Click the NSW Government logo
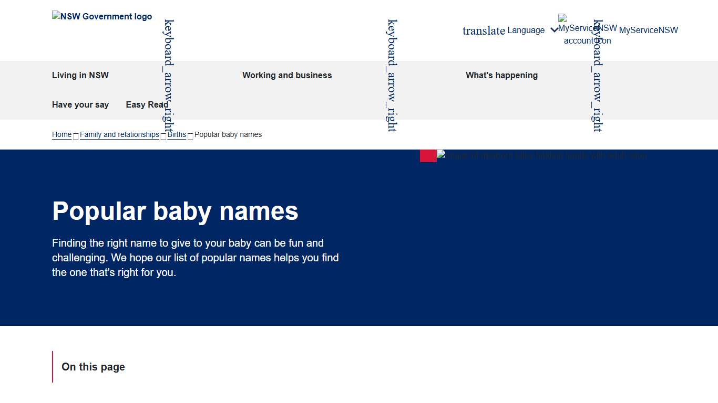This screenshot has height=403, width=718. click(x=102, y=17)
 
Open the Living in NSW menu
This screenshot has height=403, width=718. click(x=80, y=76)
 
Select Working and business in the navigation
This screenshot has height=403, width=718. click(x=287, y=76)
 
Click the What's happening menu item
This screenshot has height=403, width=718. click(x=501, y=76)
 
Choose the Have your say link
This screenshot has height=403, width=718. click(x=80, y=105)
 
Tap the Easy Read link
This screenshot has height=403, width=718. click(x=147, y=105)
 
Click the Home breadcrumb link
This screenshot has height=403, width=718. click(x=61, y=135)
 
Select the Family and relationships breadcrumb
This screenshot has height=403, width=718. click(x=119, y=135)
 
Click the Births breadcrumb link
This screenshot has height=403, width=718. click(x=177, y=135)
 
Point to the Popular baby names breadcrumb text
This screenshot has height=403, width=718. click(x=228, y=135)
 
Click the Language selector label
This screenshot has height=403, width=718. click(x=526, y=30)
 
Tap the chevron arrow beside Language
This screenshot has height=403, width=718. click(x=554, y=30)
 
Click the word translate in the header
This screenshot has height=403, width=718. click(x=484, y=30)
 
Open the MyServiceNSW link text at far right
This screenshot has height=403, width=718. click(x=649, y=30)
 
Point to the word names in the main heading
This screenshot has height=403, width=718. click(x=259, y=211)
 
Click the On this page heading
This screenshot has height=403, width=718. click(x=93, y=367)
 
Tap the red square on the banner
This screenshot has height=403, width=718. click(x=428, y=156)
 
